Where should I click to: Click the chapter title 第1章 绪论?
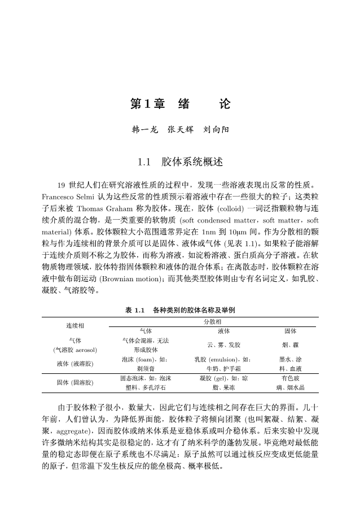tap(180, 104)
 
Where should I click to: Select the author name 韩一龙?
tap(142, 129)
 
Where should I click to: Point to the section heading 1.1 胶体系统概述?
tap(180, 163)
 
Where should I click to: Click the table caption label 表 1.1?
tap(135, 310)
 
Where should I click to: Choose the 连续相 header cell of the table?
tap(75, 326)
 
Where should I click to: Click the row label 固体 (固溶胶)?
tap(75, 382)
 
